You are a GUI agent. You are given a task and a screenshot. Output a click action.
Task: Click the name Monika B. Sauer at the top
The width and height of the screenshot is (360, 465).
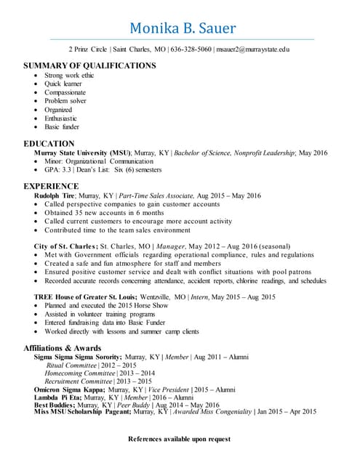click(182, 28)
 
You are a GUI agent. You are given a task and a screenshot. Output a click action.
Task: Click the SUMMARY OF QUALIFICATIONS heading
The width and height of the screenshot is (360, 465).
click(89, 65)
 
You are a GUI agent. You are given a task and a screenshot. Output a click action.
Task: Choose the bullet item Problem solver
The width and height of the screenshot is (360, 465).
click(65, 101)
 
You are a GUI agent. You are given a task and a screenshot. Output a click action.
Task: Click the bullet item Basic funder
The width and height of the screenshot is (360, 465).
click(62, 126)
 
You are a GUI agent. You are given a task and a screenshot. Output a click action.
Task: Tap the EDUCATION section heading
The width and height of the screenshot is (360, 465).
click(49, 143)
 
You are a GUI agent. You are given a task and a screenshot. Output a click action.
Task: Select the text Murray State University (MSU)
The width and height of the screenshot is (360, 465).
click(77, 153)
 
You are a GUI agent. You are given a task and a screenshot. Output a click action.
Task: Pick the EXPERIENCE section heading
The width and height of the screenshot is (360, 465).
click(51, 186)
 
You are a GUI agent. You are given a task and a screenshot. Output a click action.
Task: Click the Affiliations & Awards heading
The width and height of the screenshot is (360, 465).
click(62, 347)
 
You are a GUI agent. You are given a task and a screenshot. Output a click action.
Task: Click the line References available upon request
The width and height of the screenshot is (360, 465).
click(180, 439)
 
